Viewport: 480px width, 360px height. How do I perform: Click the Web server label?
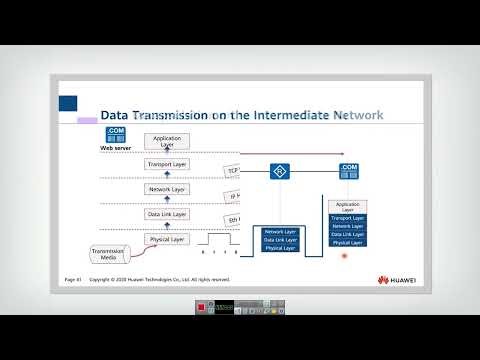click(x=115, y=148)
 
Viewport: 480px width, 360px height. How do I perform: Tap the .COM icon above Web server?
click(x=114, y=134)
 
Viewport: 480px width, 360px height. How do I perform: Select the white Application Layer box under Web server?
click(x=166, y=141)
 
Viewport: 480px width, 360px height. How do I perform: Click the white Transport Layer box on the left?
click(x=166, y=164)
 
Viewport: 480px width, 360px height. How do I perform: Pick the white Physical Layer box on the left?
click(x=166, y=239)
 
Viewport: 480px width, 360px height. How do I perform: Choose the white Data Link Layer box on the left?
click(x=166, y=214)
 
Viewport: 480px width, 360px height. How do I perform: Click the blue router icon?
click(x=279, y=172)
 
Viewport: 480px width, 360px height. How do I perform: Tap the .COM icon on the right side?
click(x=348, y=171)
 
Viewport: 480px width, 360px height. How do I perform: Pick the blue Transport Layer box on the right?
click(x=347, y=217)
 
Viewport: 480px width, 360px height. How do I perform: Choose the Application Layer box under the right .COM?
click(x=347, y=206)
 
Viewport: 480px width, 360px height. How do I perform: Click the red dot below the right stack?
click(x=344, y=256)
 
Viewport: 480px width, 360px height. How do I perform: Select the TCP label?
click(x=233, y=171)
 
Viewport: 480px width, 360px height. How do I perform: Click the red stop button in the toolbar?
click(x=202, y=305)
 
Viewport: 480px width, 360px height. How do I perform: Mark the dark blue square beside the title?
click(x=68, y=103)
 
